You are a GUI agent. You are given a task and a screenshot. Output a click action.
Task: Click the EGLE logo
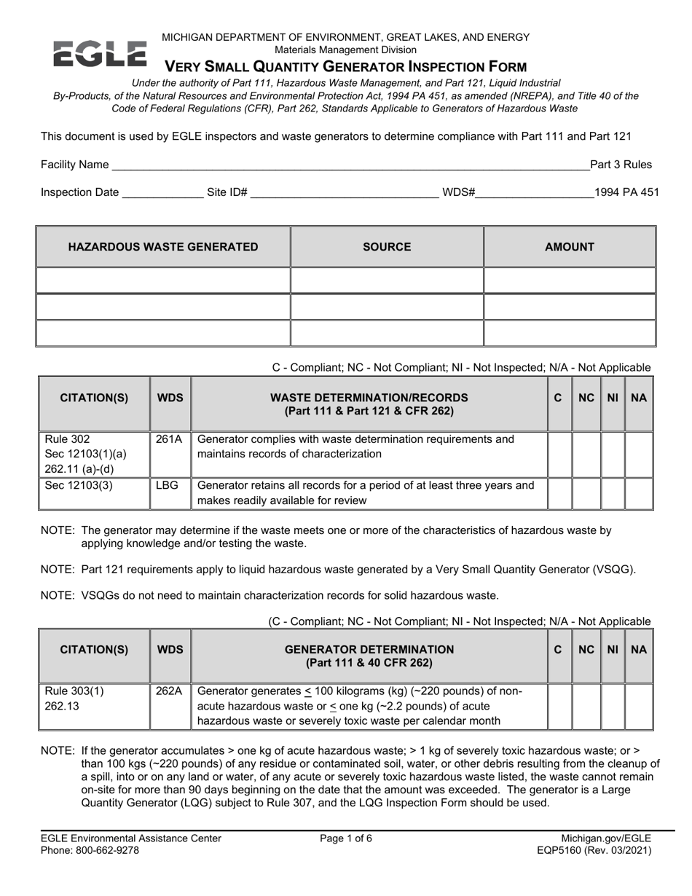point(100,55)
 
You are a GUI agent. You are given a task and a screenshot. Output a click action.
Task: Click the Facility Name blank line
point(350,165)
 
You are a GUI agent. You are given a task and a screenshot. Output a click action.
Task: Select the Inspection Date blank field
point(162,193)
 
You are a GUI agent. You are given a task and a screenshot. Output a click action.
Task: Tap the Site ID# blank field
point(344,193)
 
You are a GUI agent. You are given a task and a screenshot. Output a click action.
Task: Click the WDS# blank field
point(535,193)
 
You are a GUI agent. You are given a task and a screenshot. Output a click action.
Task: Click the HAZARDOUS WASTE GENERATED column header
point(163,247)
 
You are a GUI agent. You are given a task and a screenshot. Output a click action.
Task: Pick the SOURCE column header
point(387,247)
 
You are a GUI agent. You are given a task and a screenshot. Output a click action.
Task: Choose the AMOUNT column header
point(570,247)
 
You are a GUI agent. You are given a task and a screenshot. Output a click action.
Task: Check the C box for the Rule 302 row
point(559,453)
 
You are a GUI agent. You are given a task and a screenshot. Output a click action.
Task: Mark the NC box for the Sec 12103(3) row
point(586,493)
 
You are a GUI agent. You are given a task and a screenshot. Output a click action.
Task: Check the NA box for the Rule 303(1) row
point(639,706)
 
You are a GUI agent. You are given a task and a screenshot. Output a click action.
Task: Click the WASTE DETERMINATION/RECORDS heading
point(369,404)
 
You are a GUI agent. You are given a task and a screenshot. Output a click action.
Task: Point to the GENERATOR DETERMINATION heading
point(369,656)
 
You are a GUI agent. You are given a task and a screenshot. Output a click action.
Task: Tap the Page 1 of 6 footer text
point(346,838)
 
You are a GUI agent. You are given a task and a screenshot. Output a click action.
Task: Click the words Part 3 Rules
point(621,165)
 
